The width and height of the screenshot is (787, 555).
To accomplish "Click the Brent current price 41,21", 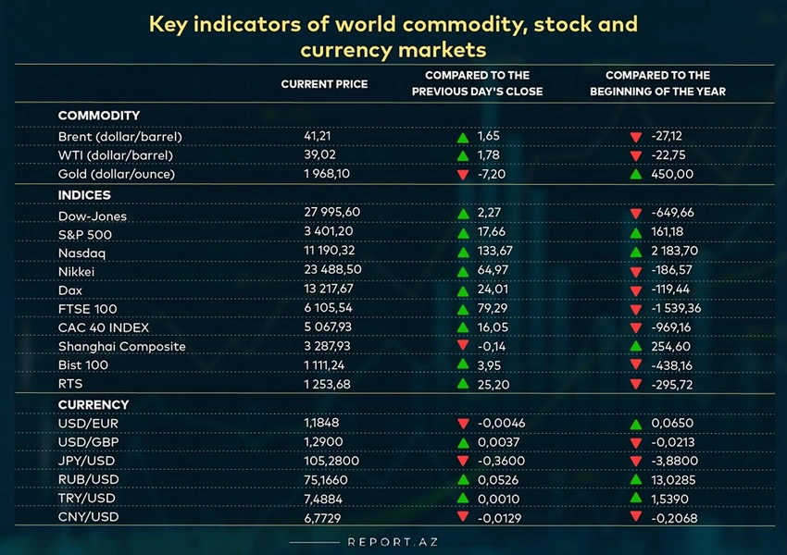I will click(x=317, y=136).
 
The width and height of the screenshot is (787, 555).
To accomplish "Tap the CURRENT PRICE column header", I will click(x=324, y=84).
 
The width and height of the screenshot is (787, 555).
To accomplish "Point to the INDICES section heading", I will click(x=84, y=195).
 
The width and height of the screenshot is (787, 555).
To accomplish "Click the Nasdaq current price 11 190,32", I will click(x=330, y=253).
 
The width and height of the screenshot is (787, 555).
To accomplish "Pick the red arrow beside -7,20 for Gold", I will click(x=462, y=175).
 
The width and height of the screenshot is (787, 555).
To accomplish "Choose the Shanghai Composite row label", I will click(x=121, y=347).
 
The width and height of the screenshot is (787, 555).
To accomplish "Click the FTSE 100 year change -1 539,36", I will click(x=684, y=309).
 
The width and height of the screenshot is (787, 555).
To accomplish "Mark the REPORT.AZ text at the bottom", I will click(x=393, y=542).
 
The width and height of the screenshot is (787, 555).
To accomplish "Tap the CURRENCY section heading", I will click(x=94, y=404).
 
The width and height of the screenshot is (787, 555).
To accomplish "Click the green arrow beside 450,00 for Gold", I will click(x=635, y=175).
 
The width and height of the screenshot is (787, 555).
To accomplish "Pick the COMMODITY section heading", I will click(x=99, y=116).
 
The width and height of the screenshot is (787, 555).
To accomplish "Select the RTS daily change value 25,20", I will click(x=493, y=384).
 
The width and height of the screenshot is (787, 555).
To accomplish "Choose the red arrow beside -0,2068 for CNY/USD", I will click(x=635, y=517).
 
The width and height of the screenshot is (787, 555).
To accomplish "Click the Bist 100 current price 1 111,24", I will click(x=326, y=365).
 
